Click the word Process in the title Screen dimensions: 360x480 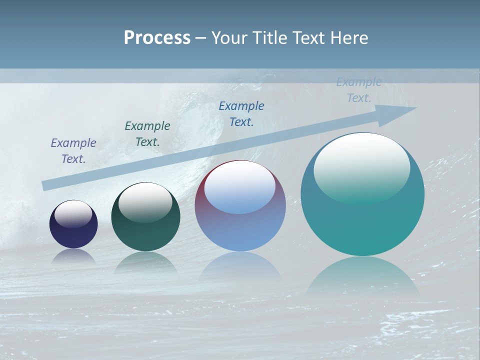(x=157, y=38)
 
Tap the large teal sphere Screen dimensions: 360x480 (x=362, y=225)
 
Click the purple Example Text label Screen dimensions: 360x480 (x=73, y=150)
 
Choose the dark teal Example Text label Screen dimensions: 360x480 (x=147, y=133)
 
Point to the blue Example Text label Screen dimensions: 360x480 (x=241, y=113)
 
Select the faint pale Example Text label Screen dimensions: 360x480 (x=359, y=90)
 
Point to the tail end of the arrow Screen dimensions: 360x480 (x=46, y=185)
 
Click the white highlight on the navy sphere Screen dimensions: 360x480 (x=73, y=213)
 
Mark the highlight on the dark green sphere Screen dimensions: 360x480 (x=145, y=202)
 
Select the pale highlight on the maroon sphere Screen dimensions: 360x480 (x=239, y=187)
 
